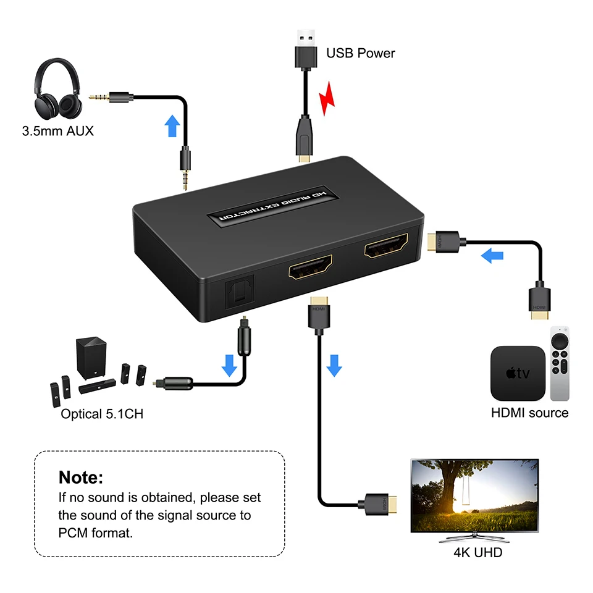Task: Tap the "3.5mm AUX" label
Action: (57, 131)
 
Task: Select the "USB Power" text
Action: (360, 53)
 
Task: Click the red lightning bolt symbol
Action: (327, 99)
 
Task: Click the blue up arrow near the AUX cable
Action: (173, 125)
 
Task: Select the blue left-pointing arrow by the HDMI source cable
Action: (492, 255)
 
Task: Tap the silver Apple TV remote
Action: (560, 364)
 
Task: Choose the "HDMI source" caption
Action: (529, 413)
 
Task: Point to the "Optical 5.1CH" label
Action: (102, 414)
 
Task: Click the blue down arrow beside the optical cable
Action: (230, 365)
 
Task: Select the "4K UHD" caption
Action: (477, 552)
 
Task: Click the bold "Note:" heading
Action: (81, 477)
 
